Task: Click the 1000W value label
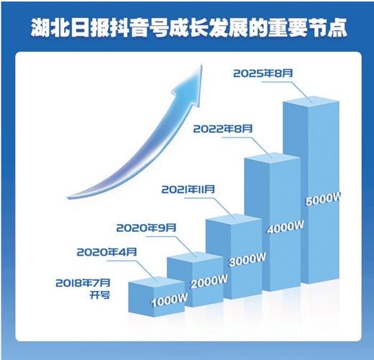[x=169, y=300]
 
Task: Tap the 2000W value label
[x=209, y=282]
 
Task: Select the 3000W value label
[x=247, y=260]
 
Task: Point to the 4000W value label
[x=286, y=227]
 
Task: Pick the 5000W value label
[x=323, y=199]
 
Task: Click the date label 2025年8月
[x=263, y=73]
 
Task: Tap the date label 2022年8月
[x=223, y=129]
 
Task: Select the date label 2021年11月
[x=188, y=189]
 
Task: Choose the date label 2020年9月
[x=146, y=228]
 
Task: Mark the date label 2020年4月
[x=106, y=252]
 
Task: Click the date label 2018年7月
[x=83, y=283]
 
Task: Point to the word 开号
[x=100, y=295]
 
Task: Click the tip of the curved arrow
[x=201, y=66]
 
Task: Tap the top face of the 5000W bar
[x=311, y=101]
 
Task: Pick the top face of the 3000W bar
[x=234, y=218]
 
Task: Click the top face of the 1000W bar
[x=157, y=282]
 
